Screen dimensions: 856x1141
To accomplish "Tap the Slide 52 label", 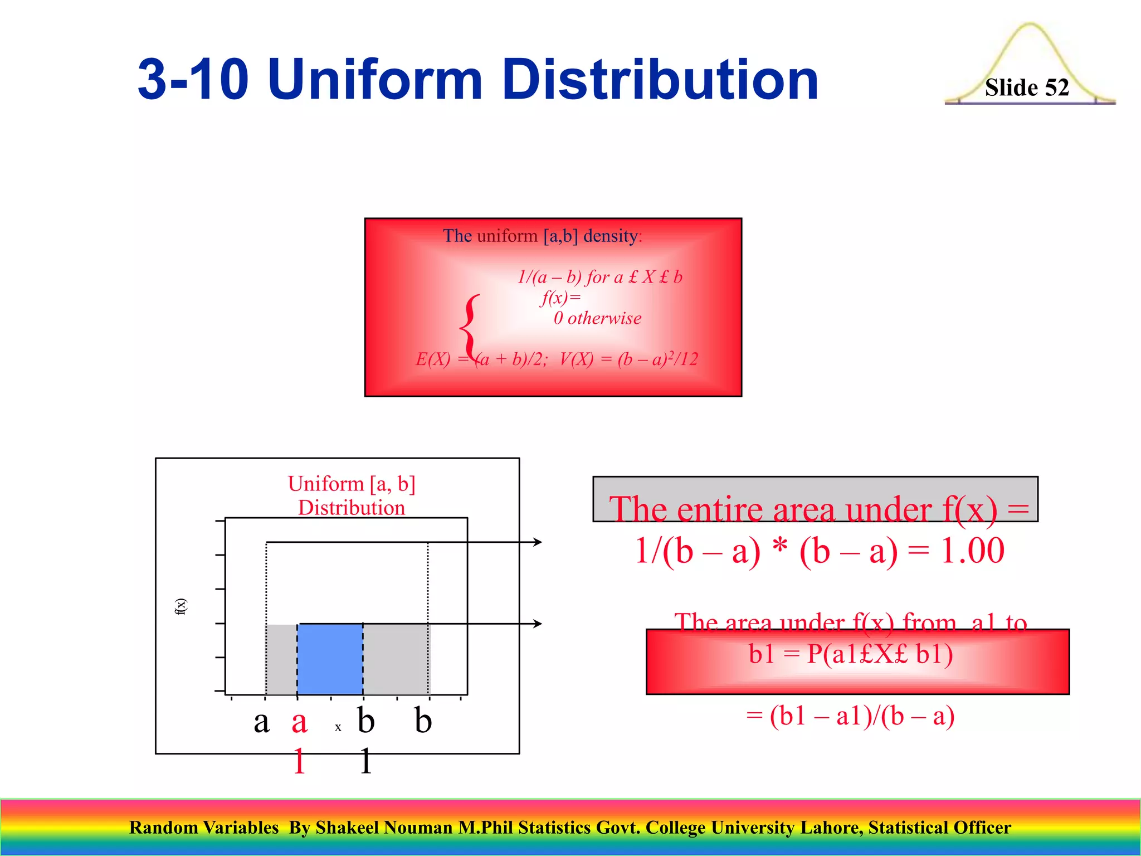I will tap(1026, 87).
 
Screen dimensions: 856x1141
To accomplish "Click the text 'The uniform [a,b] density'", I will tap(542, 236).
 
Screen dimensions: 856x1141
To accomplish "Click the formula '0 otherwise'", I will tap(597, 318).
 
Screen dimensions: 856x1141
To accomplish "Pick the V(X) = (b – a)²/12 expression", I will tap(628, 359).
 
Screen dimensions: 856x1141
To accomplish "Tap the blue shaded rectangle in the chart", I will tap(330, 659).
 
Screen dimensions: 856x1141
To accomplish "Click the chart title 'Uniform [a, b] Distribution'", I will tap(352, 495).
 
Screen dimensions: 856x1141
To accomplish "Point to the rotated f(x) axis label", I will tap(181, 606).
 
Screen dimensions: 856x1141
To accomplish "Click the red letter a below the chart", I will tap(299, 722).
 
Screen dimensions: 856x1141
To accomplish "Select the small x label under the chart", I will tap(338, 727).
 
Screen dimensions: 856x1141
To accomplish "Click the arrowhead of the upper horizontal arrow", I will tap(538, 542).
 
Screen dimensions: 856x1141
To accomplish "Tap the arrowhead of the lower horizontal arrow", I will tap(538, 624).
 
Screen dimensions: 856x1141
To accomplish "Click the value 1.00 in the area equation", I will tap(973, 551).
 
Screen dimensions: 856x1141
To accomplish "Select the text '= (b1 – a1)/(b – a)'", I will tap(850, 716).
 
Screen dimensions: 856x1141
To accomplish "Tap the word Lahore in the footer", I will tap(832, 828).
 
